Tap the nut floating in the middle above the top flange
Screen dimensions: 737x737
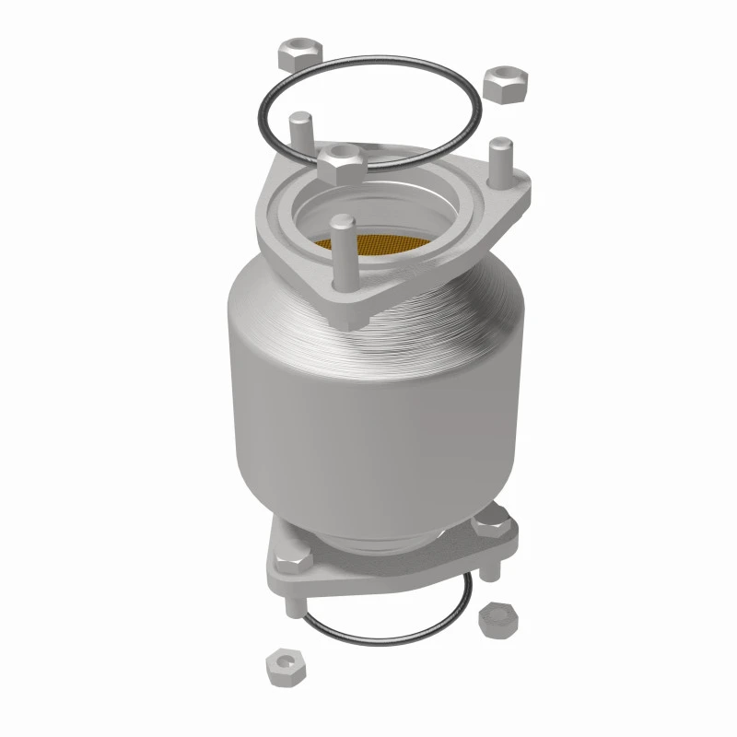tap(344, 161)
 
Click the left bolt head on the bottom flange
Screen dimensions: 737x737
tap(292, 556)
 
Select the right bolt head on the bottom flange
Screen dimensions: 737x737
tap(485, 526)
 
